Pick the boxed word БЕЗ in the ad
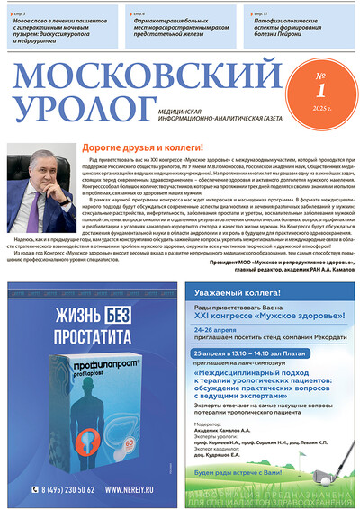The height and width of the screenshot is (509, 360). click(125, 317)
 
